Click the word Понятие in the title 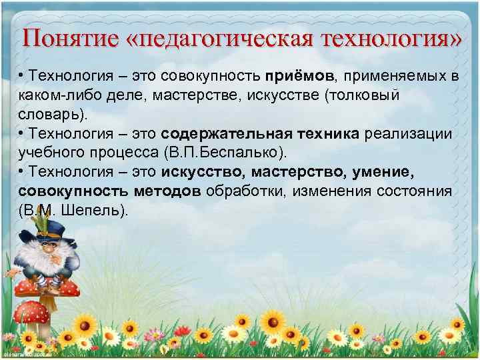tap(66, 37)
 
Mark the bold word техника tap(326, 134)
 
